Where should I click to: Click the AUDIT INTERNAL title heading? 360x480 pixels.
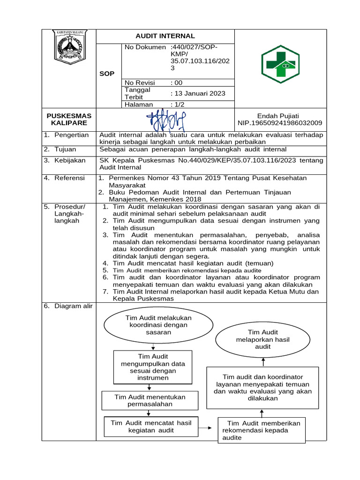click(x=165, y=36)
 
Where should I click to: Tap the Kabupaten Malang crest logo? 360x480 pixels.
click(x=69, y=47)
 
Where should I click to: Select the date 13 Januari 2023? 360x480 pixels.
click(x=198, y=94)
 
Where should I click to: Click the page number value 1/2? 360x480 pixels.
click(x=178, y=105)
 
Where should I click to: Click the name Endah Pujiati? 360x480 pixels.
click(x=278, y=116)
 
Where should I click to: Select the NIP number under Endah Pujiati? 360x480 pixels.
click(x=279, y=123)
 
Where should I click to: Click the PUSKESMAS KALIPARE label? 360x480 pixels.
click(x=69, y=119)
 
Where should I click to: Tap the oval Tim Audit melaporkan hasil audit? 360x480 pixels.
click(x=263, y=340)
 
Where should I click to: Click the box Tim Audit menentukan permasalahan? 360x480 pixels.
click(x=150, y=400)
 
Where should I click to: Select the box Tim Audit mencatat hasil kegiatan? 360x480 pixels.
click(x=151, y=427)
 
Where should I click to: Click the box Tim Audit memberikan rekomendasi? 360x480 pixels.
click(x=261, y=430)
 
